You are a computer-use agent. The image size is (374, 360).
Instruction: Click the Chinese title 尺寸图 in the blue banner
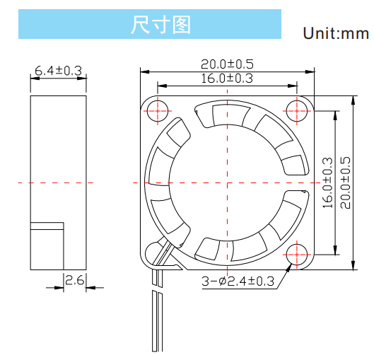[160, 25]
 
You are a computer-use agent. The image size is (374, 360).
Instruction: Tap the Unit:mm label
[336, 33]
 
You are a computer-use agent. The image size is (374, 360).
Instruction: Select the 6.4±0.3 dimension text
[58, 71]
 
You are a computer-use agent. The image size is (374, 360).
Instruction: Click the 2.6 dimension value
[75, 280]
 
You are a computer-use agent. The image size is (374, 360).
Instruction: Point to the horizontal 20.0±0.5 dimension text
[227, 64]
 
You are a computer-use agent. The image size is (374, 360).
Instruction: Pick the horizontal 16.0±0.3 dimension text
[227, 79]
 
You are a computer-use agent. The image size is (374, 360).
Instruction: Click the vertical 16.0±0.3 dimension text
[327, 182]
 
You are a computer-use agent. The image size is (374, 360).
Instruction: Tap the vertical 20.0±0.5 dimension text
[346, 182]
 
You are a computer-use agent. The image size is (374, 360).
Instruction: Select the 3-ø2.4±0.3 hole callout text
[238, 281]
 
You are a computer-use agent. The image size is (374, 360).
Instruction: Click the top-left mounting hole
[158, 111]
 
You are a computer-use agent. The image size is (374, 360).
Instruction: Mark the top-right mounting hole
[297, 111]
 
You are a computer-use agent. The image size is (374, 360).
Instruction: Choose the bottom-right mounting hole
[297, 255]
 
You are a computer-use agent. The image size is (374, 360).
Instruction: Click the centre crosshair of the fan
[228, 183]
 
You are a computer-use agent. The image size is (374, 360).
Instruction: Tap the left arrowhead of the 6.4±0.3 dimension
[35, 78]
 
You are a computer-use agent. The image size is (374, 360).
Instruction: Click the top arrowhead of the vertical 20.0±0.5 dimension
[353, 100]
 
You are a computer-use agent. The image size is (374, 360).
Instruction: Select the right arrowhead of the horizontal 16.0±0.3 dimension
[293, 86]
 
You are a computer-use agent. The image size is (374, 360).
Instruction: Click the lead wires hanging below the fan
[158, 310]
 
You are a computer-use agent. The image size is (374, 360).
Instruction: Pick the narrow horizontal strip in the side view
[47, 226]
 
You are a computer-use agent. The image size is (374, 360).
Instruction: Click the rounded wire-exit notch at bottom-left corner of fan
[153, 254]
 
